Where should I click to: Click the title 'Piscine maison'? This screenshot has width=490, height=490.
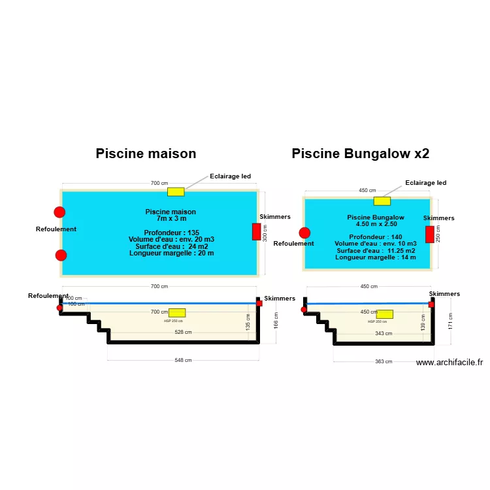(146, 154)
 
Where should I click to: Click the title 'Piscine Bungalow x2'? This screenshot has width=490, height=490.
(360, 154)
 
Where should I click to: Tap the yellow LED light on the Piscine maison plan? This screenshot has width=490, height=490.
(176, 191)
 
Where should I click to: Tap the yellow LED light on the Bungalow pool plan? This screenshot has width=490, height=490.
(382, 201)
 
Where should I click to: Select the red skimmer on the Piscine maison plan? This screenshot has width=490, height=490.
(257, 232)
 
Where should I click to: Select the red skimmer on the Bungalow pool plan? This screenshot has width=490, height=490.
(429, 235)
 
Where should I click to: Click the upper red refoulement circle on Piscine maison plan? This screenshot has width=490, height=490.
(59, 212)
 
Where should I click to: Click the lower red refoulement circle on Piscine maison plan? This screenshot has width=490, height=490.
(61, 255)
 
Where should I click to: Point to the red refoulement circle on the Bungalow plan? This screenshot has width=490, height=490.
(304, 233)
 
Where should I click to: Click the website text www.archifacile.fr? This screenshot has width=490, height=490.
(449, 363)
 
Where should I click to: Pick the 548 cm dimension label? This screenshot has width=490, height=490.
(183, 360)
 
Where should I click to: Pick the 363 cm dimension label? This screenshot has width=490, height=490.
(384, 361)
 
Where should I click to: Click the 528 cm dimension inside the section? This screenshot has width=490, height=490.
(183, 333)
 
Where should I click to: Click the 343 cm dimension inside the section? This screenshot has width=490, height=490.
(384, 333)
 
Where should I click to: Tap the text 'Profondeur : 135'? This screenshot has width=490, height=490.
(171, 233)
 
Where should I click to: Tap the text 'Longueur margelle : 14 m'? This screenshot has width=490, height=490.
(375, 257)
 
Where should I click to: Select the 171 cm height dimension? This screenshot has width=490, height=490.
(451, 320)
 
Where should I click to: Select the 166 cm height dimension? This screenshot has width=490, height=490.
(276, 320)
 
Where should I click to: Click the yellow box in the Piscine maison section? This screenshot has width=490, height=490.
(176, 313)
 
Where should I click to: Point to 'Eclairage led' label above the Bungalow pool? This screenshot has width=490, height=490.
(425, 183)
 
